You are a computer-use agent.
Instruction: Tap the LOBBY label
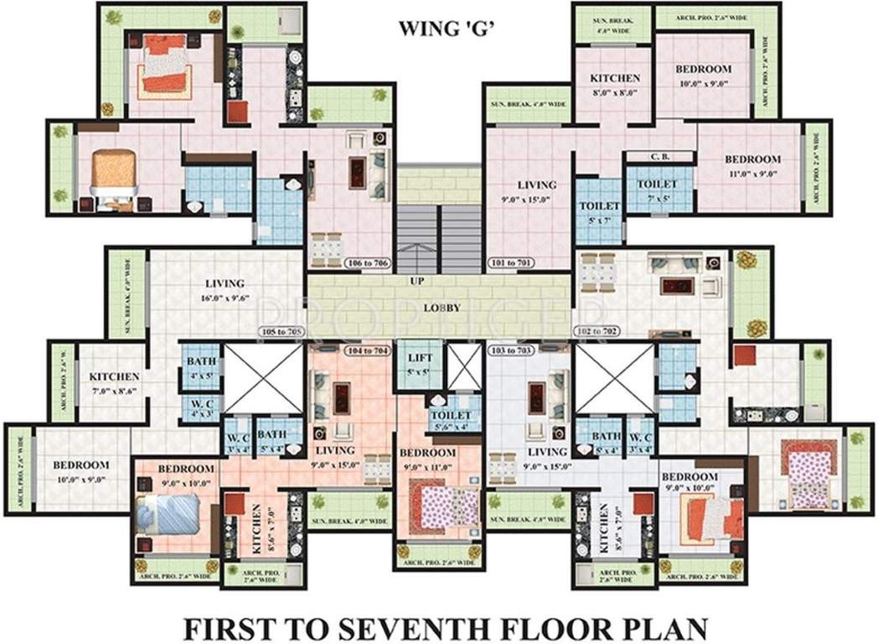click(x=441, y=308)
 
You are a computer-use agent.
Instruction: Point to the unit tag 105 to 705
click(x=281, y=331)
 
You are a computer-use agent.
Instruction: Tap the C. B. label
click(x=659, y=157)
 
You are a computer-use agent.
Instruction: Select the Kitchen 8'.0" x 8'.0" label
click(x=616, y=84)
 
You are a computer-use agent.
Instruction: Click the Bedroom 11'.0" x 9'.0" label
click(x=752, y=165)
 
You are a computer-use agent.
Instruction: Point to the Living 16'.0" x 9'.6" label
click(x=224, y=290)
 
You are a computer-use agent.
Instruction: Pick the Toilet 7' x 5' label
click(x=658, y=190)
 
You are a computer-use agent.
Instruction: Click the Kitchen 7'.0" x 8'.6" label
click(x=114, y=383)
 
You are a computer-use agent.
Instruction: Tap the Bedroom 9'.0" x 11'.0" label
click(x=429, y=459)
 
